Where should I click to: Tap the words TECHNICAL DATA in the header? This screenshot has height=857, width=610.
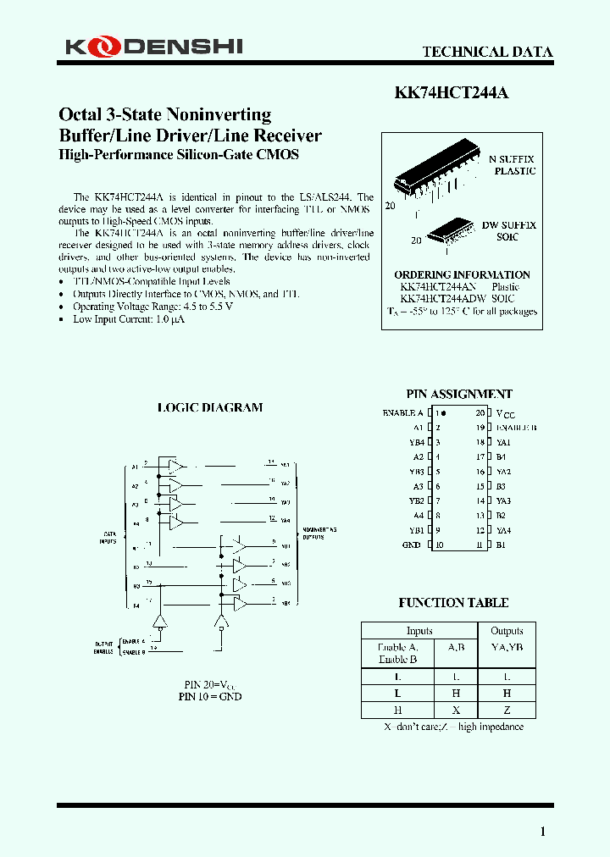point(487,52)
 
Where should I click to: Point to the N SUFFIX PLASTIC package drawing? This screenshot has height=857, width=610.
point(429,176)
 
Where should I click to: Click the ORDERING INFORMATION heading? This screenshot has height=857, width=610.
point(462,274)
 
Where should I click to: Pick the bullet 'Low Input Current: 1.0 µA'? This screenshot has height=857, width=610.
point(128,319)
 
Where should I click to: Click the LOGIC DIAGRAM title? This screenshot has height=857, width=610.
point(210,407)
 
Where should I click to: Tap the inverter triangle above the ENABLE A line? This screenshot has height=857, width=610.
point(158,626)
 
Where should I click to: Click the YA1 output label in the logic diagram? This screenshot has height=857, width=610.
point(286,466)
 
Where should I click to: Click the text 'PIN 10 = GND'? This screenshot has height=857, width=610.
point(210,696)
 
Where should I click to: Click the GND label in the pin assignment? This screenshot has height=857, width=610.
point(412,545)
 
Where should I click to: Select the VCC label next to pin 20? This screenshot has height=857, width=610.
point(505,413)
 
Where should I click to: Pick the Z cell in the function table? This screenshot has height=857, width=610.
point(507,710)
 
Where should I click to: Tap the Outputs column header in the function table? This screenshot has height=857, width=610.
point(507,631)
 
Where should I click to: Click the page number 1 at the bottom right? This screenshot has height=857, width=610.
point(543,832)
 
